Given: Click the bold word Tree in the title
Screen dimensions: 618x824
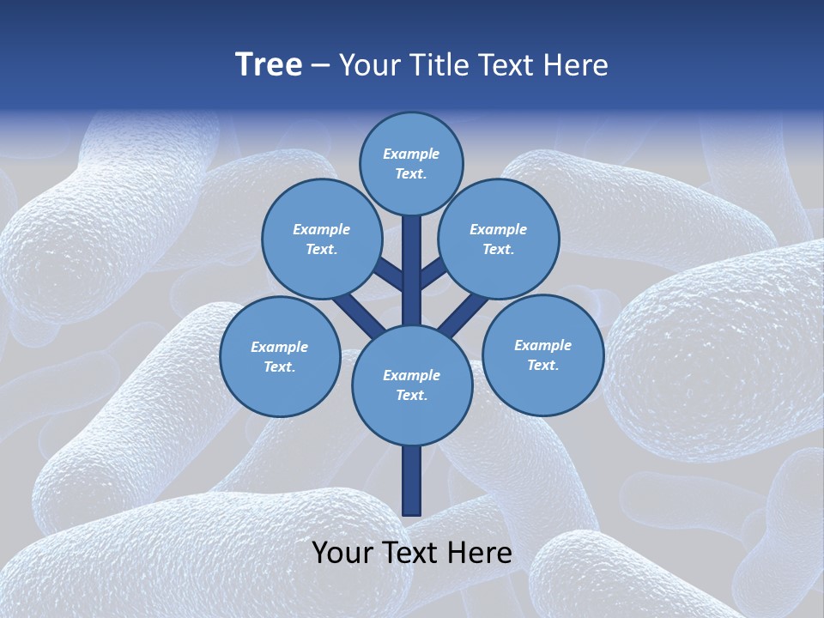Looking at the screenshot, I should (269, 64).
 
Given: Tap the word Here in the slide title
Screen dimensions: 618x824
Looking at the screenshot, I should (576, 65).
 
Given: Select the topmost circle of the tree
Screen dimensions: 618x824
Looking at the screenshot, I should (411, 163).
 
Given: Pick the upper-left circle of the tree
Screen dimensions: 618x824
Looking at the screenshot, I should (321, 239).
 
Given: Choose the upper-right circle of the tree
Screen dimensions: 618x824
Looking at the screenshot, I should (498, 239).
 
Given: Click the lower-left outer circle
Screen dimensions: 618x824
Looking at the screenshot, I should (280, 356).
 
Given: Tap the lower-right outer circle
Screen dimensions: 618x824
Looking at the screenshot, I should (542, 354).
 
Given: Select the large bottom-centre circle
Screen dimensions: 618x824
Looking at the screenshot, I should (412, 385).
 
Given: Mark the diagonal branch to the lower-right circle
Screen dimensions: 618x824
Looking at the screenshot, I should (463, 313).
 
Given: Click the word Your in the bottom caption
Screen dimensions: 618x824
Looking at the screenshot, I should (342, 553).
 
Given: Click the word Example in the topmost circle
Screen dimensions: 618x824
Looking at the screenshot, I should (411, 154).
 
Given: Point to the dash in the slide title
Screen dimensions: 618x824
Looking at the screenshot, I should (321, 66).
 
